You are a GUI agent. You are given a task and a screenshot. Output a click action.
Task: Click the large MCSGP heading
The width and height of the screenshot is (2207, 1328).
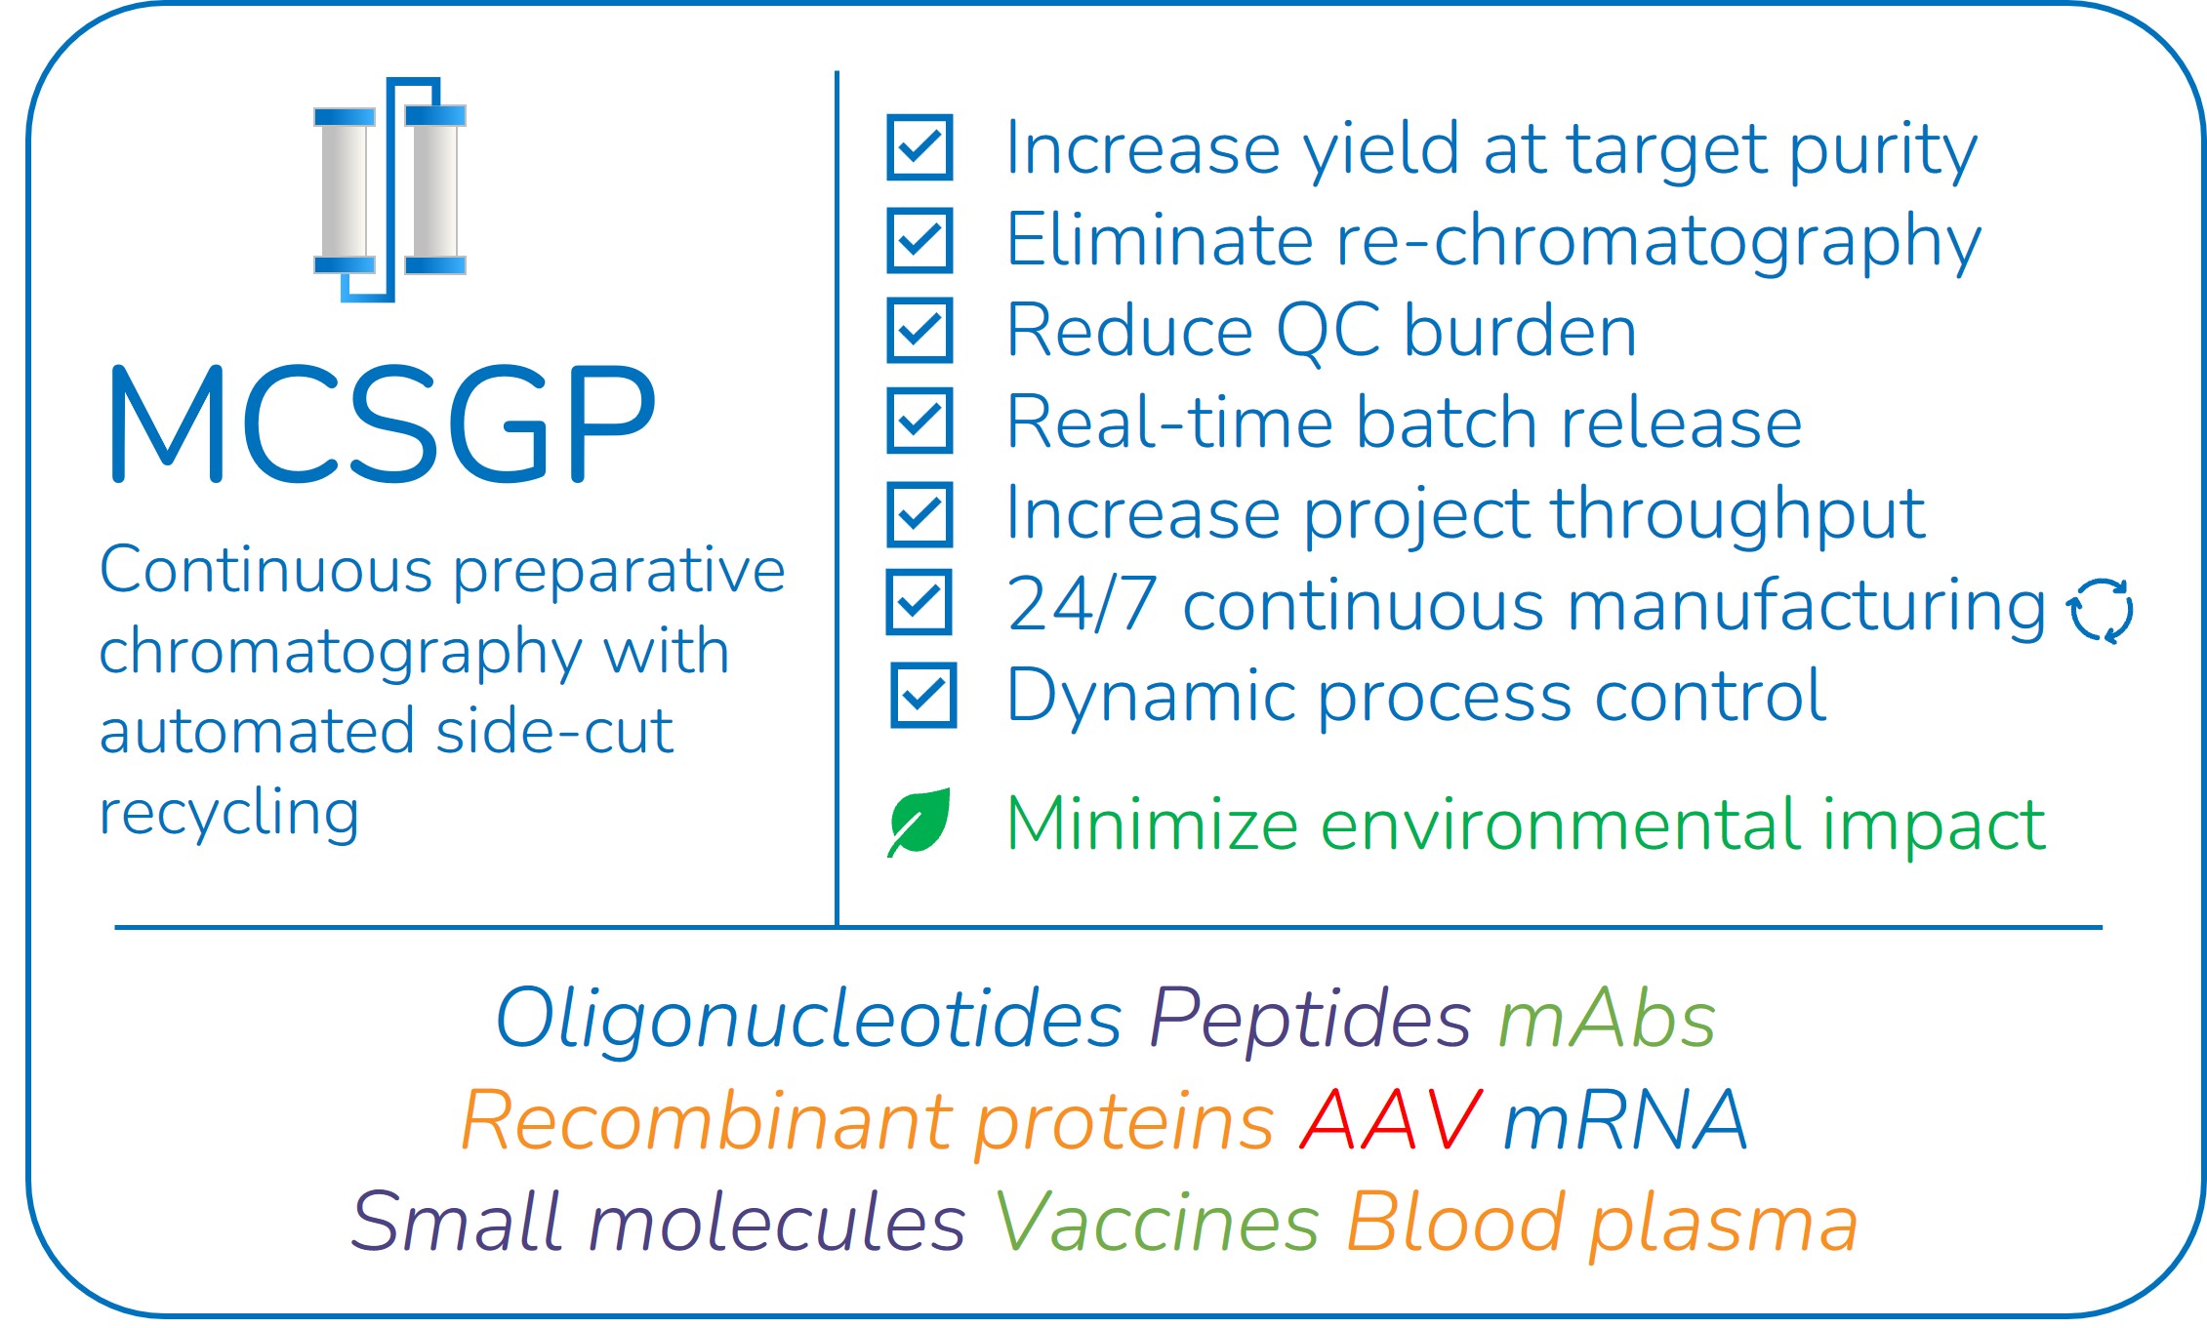point(383,424)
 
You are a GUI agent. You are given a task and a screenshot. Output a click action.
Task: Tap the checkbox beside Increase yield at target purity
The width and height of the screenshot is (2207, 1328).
point(920,147)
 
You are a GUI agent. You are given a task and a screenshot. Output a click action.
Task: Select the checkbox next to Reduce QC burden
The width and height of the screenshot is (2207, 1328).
point(920,330)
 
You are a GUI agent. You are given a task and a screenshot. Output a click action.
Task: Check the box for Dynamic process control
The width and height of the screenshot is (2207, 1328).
point(923,695)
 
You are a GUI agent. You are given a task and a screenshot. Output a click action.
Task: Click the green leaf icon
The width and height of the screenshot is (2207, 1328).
point(919,822)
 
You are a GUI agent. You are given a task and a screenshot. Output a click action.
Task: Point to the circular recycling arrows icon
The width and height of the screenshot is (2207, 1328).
point(2100,611)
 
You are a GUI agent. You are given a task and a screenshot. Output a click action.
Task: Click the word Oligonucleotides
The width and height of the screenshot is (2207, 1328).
point(809,1019)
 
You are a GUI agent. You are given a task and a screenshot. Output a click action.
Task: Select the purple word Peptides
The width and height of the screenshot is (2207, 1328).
point(1310,1019)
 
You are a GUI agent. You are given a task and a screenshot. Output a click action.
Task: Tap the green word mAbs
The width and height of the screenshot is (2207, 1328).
point(1607,1019)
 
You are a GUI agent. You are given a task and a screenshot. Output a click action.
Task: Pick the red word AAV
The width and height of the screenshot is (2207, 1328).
point(1391,1120)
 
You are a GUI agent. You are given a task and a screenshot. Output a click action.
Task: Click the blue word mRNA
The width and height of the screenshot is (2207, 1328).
point(1625,1120)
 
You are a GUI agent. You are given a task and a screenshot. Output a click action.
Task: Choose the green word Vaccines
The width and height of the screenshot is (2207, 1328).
point(1157,1222)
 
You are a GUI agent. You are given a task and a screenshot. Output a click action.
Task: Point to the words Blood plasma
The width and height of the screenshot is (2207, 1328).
point(1602,1224)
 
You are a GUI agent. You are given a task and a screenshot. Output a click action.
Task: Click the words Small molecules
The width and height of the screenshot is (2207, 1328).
point(658,1222)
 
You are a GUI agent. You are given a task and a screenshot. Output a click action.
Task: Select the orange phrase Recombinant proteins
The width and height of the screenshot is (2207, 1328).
point(868,1122)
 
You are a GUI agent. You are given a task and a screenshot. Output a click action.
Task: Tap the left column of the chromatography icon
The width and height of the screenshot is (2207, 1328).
point(345,190)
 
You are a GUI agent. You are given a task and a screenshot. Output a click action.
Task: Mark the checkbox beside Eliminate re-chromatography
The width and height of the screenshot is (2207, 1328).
point(920,239)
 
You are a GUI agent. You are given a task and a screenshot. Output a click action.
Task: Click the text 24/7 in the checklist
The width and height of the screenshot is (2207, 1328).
point(1082,605)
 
